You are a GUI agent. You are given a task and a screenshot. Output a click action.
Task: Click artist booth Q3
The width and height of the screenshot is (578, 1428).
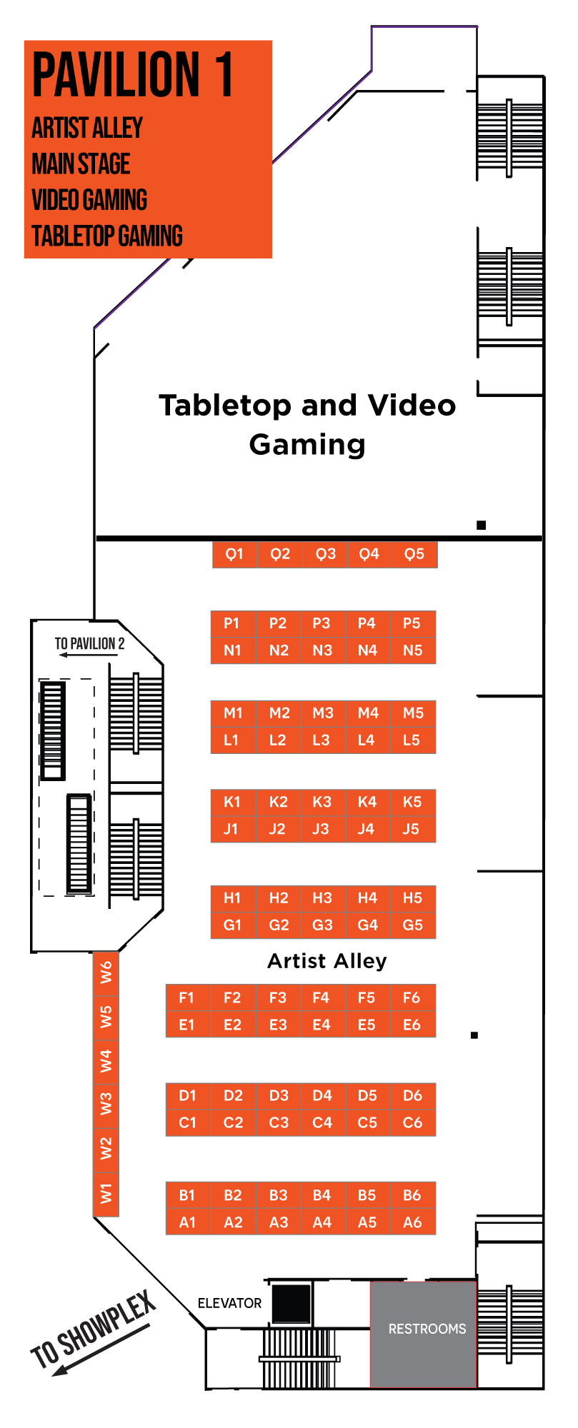325,554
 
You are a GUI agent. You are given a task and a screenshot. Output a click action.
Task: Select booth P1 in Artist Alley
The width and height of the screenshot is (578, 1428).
232,623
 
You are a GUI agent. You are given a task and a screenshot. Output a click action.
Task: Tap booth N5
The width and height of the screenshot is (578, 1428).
413,650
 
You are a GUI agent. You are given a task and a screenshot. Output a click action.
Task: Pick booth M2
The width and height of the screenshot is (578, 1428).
279,713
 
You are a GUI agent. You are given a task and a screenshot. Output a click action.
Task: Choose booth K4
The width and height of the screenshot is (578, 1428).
367,802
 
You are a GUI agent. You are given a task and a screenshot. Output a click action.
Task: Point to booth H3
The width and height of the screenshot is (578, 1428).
322,898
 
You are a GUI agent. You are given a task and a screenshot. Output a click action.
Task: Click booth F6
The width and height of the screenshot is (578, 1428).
412,997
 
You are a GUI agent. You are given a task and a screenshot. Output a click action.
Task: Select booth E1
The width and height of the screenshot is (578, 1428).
187,1025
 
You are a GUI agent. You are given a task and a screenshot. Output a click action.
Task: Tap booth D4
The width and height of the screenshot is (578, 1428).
322,1095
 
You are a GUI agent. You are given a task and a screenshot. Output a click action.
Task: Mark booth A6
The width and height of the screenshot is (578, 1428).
412,1222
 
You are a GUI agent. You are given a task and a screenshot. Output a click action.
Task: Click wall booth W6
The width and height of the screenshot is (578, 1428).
106,972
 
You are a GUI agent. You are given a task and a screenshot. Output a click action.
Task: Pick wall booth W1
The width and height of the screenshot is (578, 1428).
106,1193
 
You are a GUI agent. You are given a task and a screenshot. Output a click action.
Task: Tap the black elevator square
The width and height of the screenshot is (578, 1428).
292,1303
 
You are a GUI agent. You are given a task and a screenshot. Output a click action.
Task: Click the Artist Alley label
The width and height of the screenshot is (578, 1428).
327,961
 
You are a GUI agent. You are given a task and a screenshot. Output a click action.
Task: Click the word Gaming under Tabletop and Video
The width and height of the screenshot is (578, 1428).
307,444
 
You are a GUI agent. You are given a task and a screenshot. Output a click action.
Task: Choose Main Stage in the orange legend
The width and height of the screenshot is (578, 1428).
81,164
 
